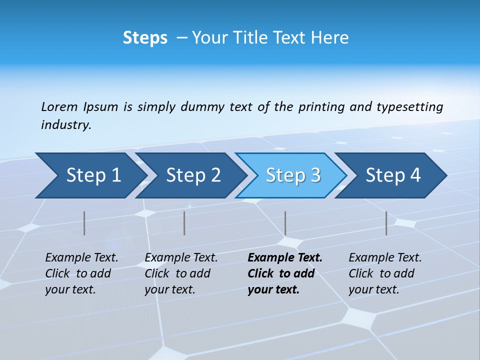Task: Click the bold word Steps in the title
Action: point(145,38)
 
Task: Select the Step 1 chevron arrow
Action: point(90,175)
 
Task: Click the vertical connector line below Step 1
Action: point(84,223)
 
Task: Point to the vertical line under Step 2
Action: point(184,223)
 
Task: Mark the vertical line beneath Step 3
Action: point(285,223)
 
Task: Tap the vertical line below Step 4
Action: point(386,223)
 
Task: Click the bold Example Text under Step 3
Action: point(285,257)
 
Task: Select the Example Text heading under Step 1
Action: point(81,257)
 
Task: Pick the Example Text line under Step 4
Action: point(385,257)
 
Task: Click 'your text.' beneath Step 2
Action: point(169,289)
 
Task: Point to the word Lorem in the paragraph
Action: point(59,107)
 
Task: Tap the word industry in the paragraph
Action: point(65,125)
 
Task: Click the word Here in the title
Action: point(329,38)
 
